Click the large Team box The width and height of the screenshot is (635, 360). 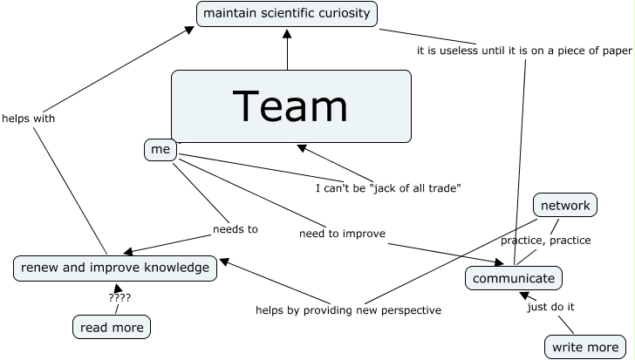click(291, 106)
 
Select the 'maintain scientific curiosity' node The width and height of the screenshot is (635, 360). click(287, 14)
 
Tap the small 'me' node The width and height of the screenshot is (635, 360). click(160, 150)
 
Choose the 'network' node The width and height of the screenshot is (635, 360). click(565, 205)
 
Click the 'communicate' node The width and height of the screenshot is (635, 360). click(514, 278)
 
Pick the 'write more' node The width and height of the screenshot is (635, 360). click(585, 347)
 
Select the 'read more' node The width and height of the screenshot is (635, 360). click(112, 327)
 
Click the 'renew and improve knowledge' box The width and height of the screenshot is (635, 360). click(115, 268)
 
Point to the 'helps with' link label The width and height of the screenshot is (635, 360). click(28, 119)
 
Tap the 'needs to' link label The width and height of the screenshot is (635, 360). click(236, 229)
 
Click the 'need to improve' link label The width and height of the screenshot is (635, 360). click(342, 234)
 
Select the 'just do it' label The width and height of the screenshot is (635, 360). click(550, 307)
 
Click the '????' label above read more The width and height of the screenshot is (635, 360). click(119, 298)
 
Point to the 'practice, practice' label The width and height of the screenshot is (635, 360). click(545, 241)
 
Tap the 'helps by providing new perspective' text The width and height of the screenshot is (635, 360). click(348, 310)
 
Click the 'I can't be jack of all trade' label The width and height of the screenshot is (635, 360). click(388, 188)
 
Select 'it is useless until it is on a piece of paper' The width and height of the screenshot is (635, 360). click(524, 51)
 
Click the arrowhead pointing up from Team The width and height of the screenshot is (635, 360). click(287, 34)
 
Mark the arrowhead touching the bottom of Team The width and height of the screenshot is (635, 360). click(301, 147)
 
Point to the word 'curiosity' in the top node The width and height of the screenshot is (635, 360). click(345, 13)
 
